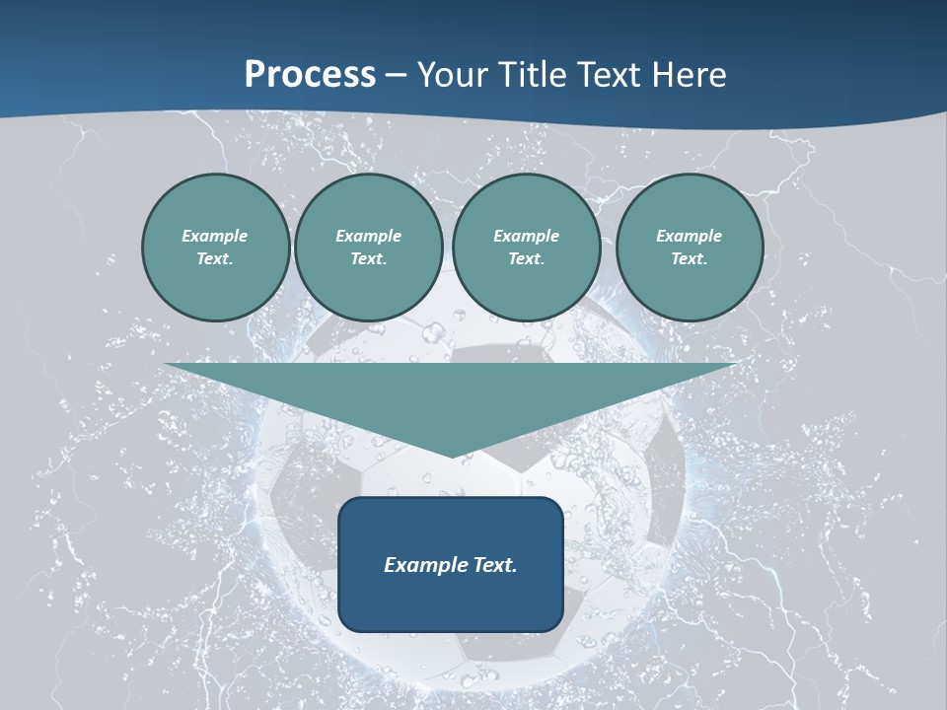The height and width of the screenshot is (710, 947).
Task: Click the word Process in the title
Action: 310,75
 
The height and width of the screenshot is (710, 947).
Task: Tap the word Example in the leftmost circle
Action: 215,236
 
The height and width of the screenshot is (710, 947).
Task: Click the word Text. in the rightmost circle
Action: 690,258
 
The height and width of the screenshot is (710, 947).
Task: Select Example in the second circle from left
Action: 368,236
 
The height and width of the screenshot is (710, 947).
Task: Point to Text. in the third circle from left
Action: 526,258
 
